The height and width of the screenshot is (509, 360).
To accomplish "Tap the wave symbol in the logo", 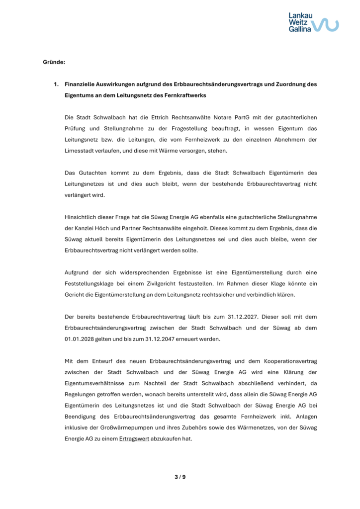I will [x=326, y=24].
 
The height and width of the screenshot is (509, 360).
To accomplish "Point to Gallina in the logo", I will [x=300, y=29].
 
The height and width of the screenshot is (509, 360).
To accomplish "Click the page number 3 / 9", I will [x=180, y=477].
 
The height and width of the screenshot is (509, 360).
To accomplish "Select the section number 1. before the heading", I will [x=57, y=84].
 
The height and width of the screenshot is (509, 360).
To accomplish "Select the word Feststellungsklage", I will [x=89, y=283].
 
